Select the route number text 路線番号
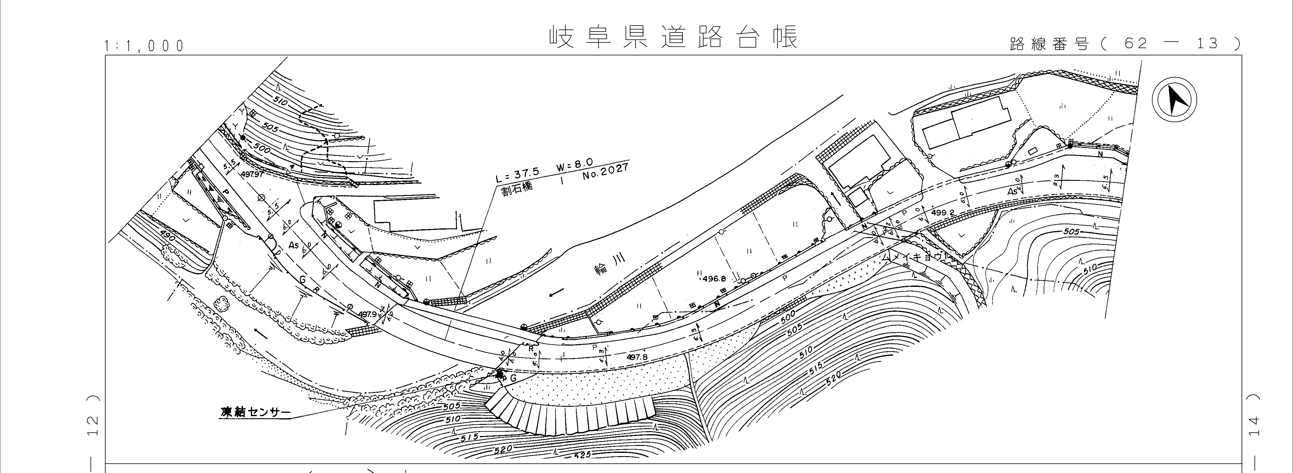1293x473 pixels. coord(1049,44)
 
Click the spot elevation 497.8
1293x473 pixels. coord(637,357)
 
